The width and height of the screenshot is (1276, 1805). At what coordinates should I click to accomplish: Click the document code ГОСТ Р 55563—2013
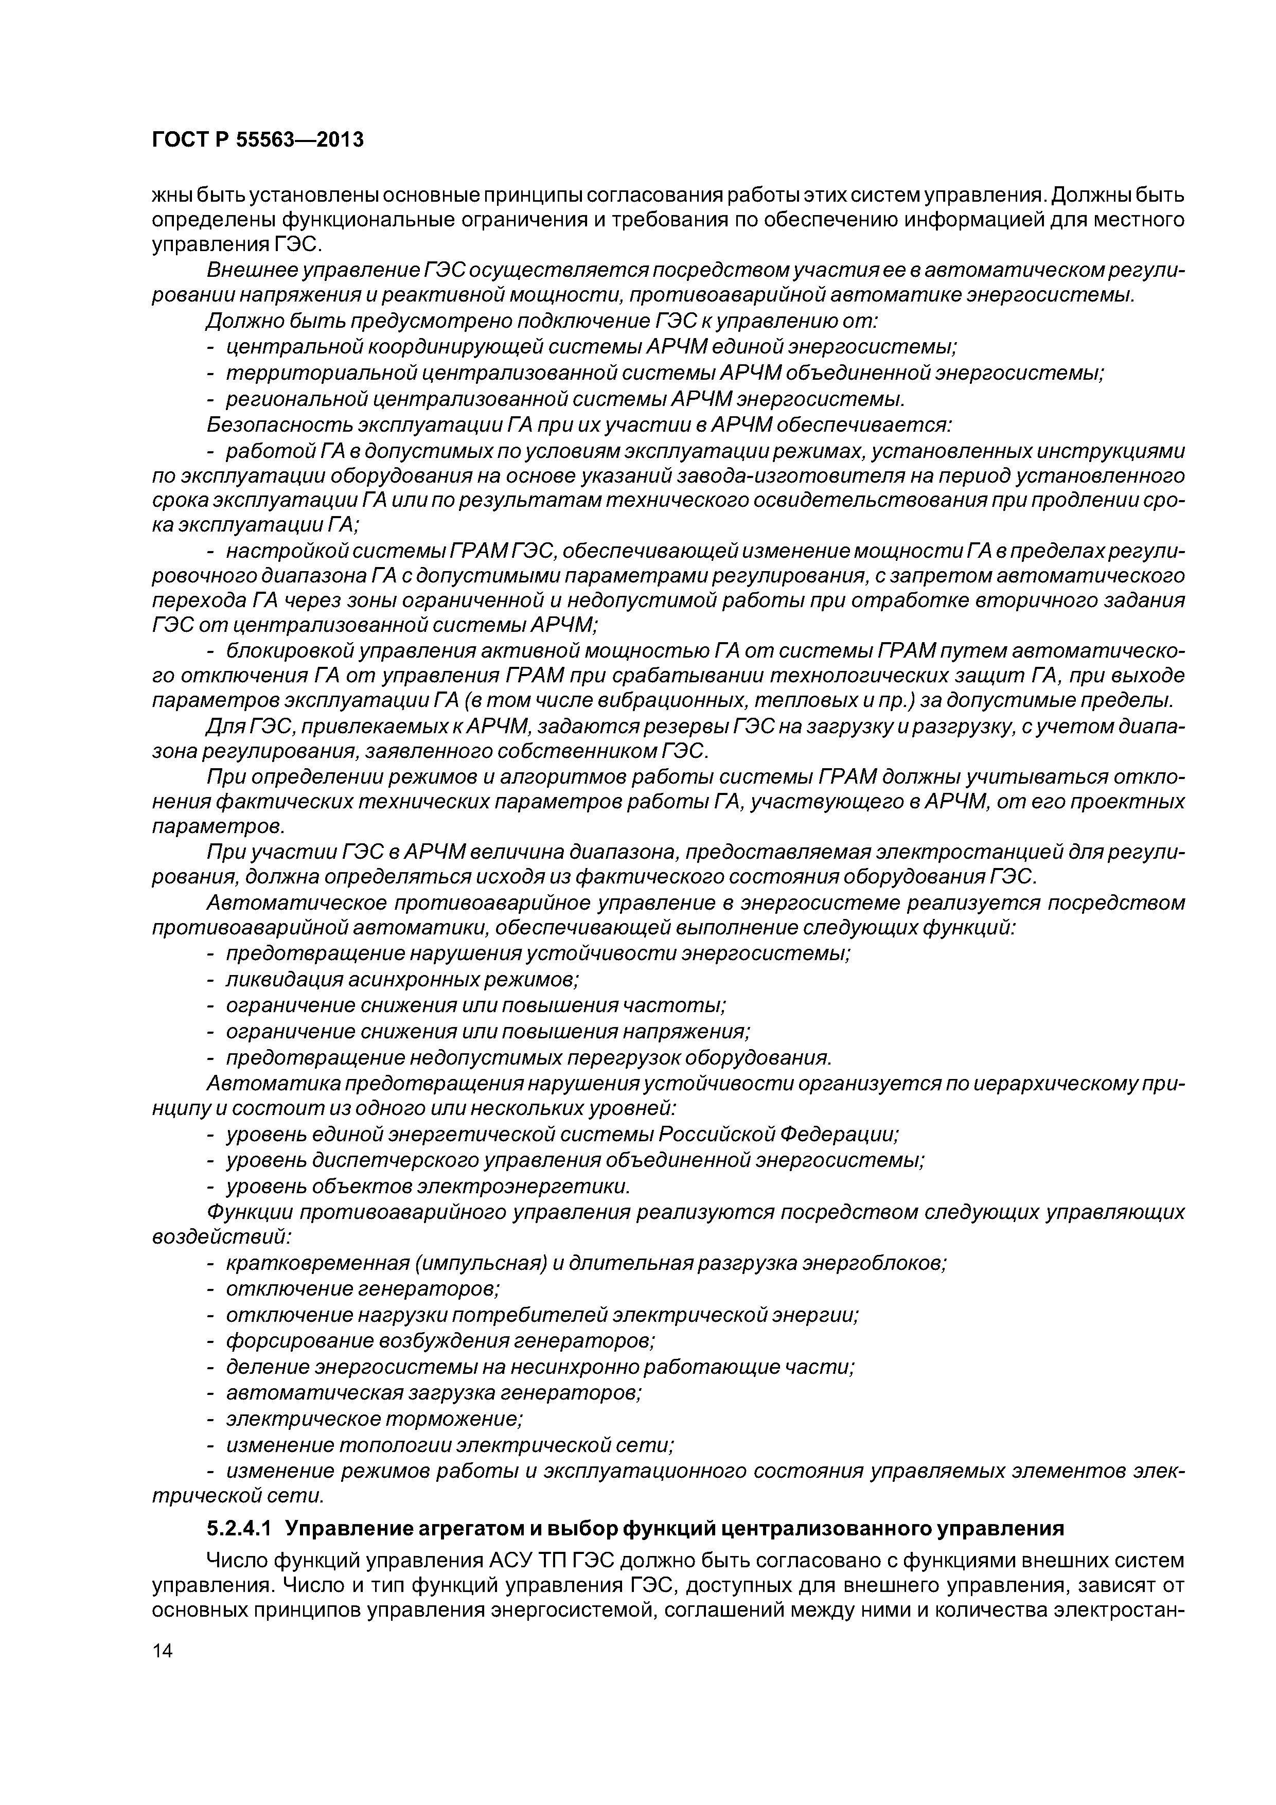258,140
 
